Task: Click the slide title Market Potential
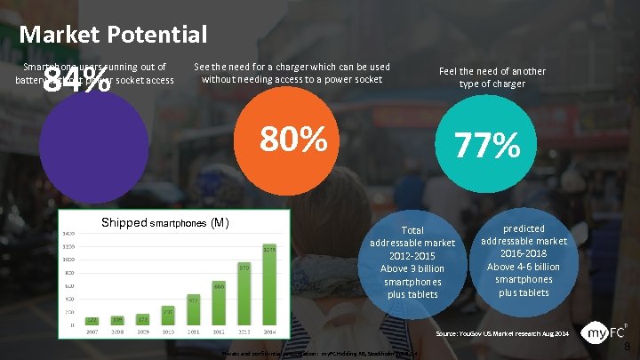[113, 35]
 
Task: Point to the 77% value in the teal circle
[487, 145]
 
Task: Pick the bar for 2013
[244, 293]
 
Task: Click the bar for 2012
[219, 303]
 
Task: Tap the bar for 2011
[193, 310]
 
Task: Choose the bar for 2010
[168, 316]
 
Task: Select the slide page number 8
[628, 346]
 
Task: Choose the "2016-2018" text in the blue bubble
[524, 253]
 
